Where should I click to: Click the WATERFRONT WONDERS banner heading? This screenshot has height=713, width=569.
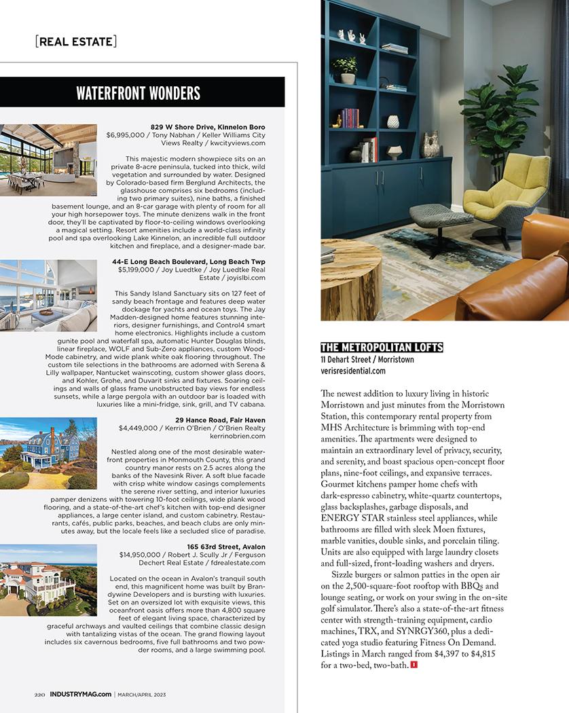(x=138, y=93)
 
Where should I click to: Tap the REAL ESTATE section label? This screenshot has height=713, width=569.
(x=75, y=41)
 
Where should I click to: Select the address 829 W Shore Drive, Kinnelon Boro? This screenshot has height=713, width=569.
(x=208, y=127)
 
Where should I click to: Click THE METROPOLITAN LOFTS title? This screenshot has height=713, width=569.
(x=381, y=348)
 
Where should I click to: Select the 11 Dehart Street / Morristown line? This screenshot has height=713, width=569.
(x=367, y=359)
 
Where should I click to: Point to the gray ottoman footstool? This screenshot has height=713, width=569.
(x=436, y=219)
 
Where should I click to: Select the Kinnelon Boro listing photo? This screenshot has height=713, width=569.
(x=48, y=160)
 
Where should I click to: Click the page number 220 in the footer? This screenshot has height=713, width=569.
(x=40, y=695)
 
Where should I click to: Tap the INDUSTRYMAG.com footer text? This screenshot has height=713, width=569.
(x=81, y=695)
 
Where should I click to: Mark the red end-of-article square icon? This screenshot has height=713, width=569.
(x=414, y=665)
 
